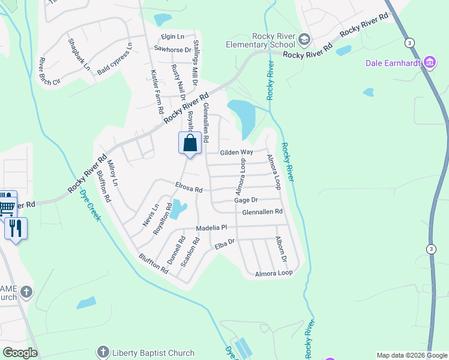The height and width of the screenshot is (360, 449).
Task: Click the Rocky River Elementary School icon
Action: click(304, 40)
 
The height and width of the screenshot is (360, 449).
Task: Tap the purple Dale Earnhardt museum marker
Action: click(429, 62)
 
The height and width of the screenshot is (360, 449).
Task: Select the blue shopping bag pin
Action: click(190, 144)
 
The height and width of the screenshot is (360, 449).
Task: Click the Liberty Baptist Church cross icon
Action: click(103, 353)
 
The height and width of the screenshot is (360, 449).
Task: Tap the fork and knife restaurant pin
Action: click(16, 229)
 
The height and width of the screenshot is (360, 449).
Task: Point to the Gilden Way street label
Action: click(236, 152)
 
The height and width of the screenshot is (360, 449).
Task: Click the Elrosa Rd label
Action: click(189, 188)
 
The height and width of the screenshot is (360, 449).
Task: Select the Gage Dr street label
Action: click(246, 200)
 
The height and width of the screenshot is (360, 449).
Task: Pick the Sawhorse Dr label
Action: click(172, 50)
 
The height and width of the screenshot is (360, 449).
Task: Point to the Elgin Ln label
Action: click(173, 37)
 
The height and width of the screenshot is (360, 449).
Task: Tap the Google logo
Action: click(20, 353)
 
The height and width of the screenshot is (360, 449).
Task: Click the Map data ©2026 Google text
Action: click(411, 355)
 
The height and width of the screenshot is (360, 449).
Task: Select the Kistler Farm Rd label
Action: click(155, 91)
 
